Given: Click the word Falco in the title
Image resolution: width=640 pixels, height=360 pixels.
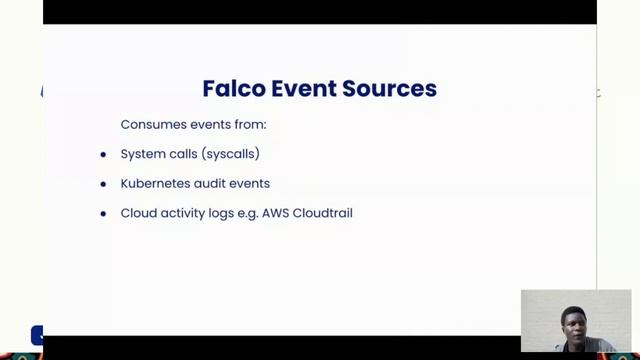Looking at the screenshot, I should point(232,88).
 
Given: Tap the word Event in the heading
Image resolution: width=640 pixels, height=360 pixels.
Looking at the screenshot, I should point(302,88).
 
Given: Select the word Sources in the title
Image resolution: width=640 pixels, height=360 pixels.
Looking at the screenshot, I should point(389,88).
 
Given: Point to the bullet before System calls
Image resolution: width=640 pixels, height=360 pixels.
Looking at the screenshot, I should point(103,155).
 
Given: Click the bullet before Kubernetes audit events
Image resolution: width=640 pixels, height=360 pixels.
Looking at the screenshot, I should point(103,185).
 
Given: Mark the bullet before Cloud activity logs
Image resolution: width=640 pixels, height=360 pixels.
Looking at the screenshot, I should point(103,214).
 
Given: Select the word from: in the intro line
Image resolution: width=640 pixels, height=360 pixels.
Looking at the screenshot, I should point(250,125).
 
